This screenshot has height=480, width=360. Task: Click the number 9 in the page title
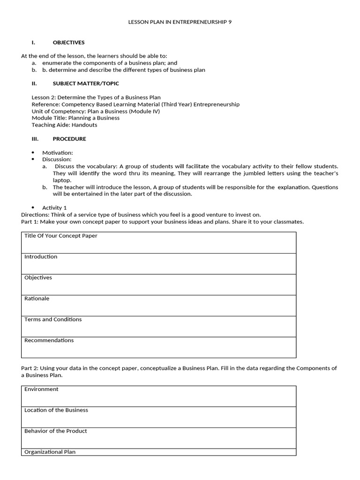click(230, 22)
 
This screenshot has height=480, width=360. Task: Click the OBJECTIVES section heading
click(68, 43)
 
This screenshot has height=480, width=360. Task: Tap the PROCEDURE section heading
click(69, 139)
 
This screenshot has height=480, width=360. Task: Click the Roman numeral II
click(34, 83)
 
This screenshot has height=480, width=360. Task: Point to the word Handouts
click(84, 125)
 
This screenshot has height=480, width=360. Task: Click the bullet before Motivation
click(33, 153)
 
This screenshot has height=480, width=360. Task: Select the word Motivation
click(57, 153)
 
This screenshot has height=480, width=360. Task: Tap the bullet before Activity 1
click(33, 208)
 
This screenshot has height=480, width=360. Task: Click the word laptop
click(62, 180)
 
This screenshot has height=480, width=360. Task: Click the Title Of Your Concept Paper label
click(61, 236)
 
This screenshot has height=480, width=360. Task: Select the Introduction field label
click(41, 257)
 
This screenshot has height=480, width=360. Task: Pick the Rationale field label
click(37, 299)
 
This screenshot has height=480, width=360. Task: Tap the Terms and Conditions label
click(53, 320)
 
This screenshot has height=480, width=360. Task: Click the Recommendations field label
click(49, 340)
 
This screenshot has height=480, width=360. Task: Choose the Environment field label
click(41, 389)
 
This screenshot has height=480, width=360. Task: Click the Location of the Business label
click(56, 410)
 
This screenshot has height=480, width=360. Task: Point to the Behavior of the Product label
click(55, 431)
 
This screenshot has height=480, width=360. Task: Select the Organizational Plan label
click(50, 452)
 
